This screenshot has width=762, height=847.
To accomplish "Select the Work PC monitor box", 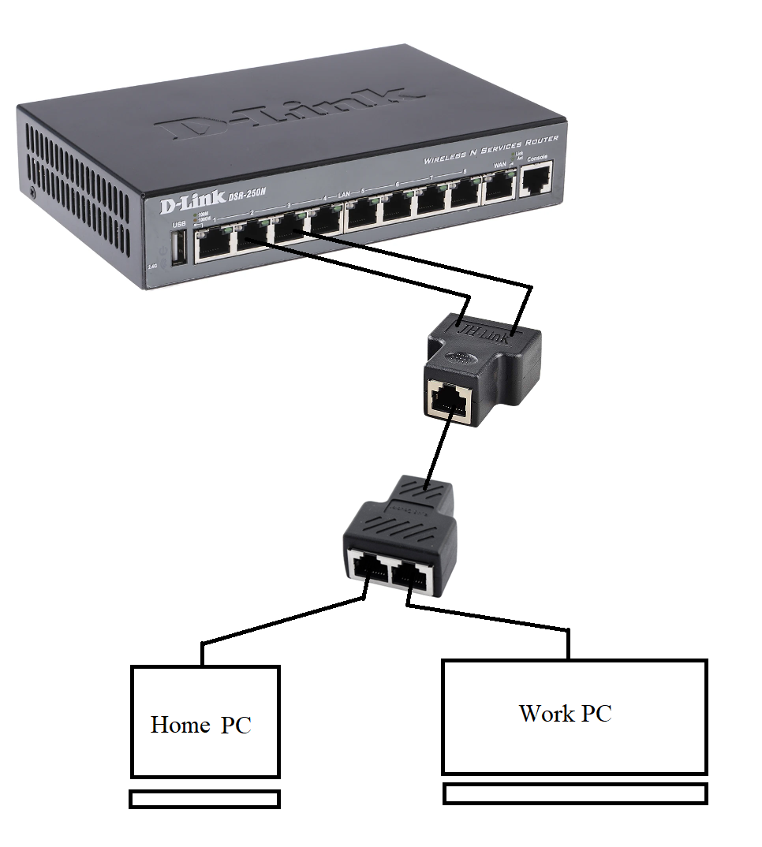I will (x=573, y=716).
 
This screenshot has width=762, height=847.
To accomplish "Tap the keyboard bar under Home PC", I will (x=204, y=799).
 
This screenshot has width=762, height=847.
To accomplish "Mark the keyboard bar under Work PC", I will (x=575, y=793).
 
